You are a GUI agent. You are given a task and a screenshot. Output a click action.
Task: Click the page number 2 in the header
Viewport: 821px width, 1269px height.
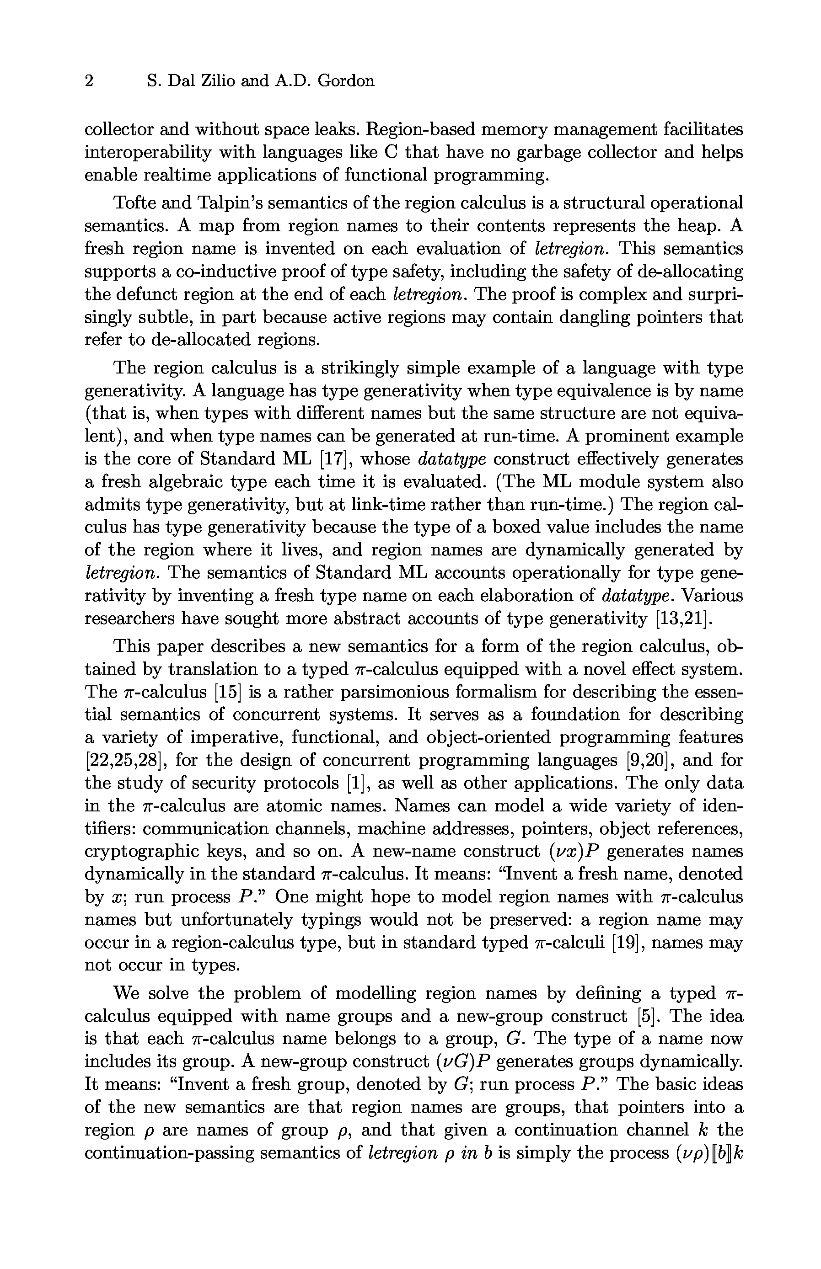[x=89, y=81]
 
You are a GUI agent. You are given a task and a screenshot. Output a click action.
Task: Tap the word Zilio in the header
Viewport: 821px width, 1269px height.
[x=218, y=81]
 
